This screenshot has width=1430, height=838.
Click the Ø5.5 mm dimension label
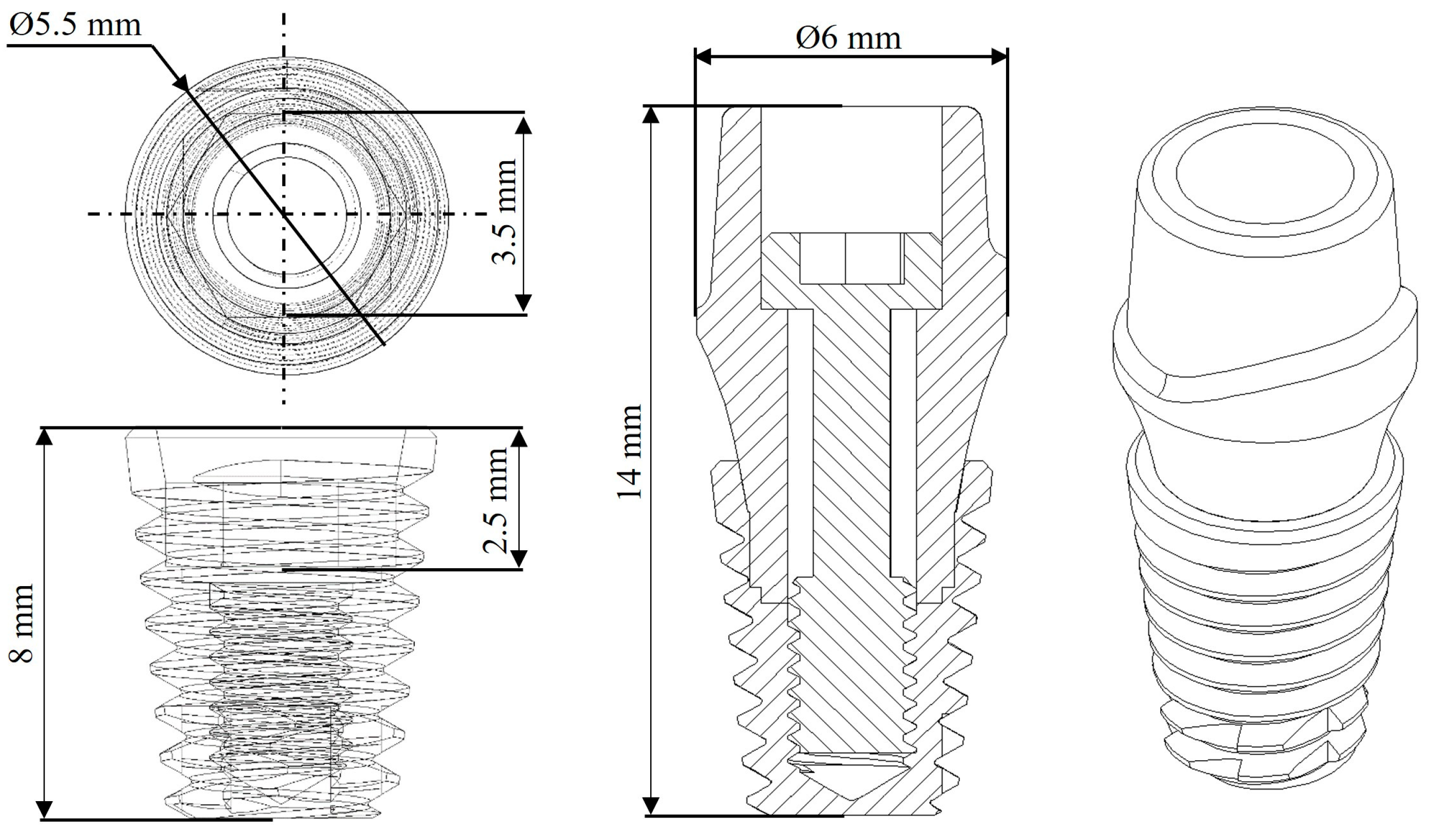click(x=75, y=26)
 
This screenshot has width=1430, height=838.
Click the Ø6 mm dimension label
click(x=848, y=38)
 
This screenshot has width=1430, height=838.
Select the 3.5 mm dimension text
click(x=504, y=212)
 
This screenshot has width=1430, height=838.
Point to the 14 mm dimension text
click(x=630, y=451)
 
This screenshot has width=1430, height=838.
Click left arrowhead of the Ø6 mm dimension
click(x=703, y=56)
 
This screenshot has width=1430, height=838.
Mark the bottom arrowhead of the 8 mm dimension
click(x=44, y=809)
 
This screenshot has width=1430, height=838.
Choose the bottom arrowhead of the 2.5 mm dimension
click(x=519, y=559)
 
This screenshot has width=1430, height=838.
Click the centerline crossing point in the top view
click(x=284, y=214)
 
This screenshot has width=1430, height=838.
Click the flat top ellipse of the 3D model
click(x=1266, y=170)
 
